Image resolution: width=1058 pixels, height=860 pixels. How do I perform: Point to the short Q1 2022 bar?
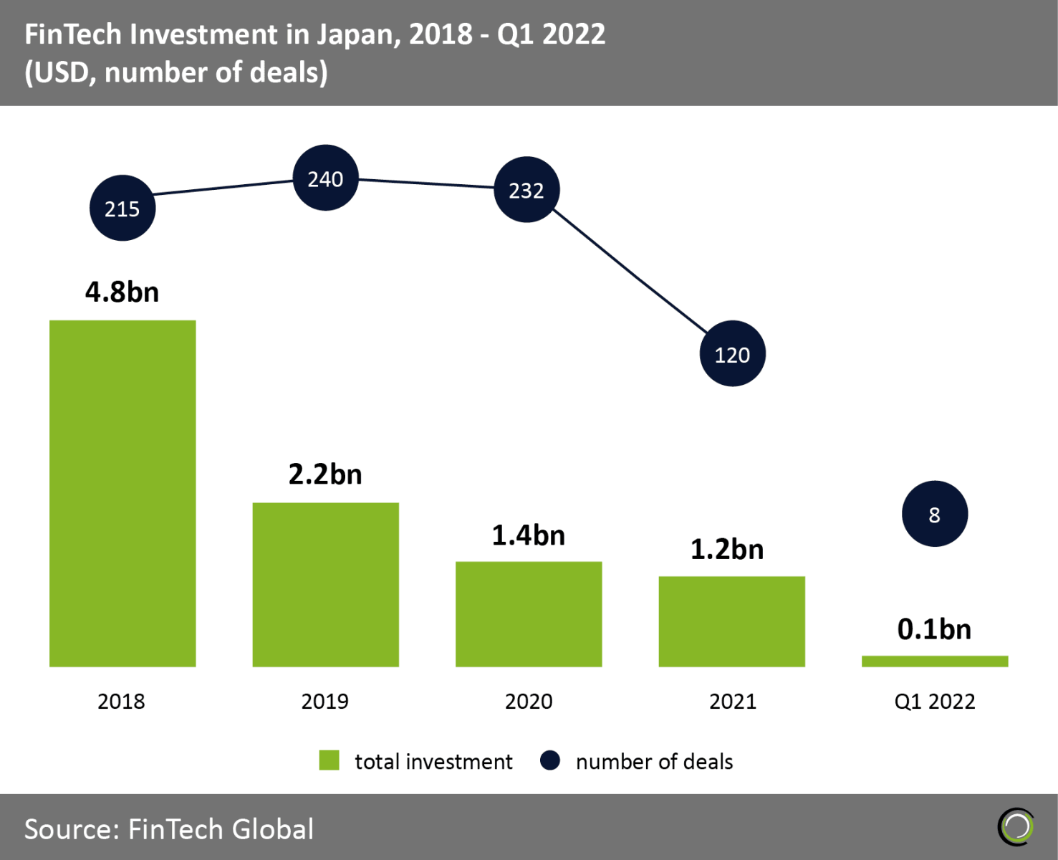point(935,661)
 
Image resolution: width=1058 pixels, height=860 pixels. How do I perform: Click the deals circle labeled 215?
point(122,208)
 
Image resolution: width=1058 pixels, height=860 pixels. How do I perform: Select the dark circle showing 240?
point(325,178)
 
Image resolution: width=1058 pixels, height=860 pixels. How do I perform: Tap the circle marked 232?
point(526,190)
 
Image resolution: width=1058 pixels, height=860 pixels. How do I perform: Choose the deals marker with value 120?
point(732,354)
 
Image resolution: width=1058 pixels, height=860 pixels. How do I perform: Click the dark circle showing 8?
point(934,514)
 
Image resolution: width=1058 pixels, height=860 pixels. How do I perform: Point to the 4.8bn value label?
point(122,292)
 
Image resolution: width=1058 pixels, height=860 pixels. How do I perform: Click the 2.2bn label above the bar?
point(325,474)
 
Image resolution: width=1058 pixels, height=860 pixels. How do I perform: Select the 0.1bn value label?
point(934,629)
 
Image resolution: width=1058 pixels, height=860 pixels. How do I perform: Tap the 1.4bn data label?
point(529,535)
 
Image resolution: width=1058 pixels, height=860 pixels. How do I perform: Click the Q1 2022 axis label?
point(935,701)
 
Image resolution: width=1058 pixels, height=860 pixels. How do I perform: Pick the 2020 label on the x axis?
point(529,701)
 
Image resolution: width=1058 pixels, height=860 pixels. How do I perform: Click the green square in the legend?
point(329,760)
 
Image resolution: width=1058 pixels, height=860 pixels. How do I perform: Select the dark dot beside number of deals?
point(550,760)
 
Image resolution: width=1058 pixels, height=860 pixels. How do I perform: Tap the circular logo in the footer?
point(1016,827)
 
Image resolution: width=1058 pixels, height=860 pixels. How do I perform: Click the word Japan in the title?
point(355,34)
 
